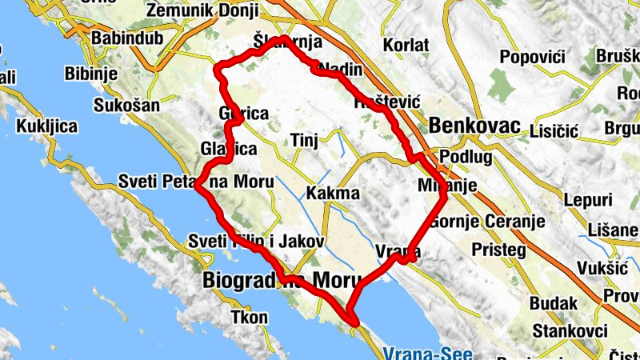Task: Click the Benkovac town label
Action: [474, 126]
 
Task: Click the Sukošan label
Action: [126, 105]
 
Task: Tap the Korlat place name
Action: [406, 45]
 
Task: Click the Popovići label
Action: [532, 57]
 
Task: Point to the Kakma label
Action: [333, 193]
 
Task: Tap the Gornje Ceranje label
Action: [486, 221]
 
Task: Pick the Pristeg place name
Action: [498, 250]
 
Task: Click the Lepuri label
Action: [587, 200]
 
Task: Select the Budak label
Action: [552, 303]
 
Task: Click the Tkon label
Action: [249, 318]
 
